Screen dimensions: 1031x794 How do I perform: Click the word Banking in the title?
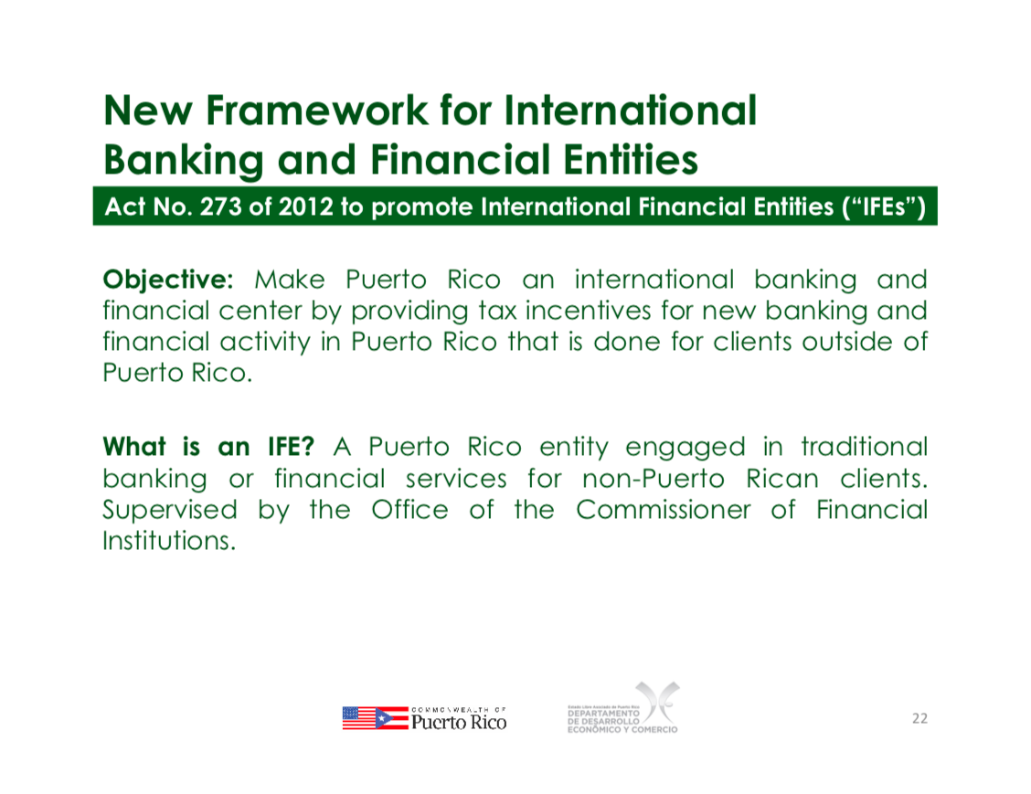184,161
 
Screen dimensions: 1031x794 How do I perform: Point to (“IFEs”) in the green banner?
884,207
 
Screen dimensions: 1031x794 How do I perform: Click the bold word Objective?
167,281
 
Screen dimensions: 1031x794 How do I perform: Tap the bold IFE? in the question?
291,447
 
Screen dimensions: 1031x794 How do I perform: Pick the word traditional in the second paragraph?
864,447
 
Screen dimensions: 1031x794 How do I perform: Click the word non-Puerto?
653,479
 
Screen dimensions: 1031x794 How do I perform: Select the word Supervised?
170,511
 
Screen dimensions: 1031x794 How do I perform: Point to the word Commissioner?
663,510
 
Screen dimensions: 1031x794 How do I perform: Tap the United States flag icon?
359,718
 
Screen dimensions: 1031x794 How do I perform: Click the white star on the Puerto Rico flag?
382,718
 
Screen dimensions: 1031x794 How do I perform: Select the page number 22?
919,718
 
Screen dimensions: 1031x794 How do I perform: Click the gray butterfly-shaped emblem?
657,702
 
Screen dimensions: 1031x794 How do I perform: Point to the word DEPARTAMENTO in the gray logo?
603,714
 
